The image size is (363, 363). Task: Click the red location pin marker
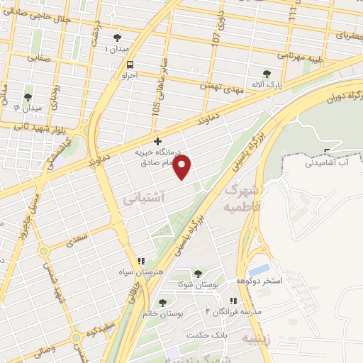pos(183,167)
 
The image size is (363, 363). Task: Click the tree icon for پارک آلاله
pos(267,73)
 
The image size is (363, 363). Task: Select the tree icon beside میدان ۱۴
pos(28,98)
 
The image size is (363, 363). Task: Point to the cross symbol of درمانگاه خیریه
pos(157,141)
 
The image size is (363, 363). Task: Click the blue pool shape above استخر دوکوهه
pos(259,271)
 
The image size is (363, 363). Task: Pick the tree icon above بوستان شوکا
pos(197,274)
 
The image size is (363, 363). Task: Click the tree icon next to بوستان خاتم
pos(162,303)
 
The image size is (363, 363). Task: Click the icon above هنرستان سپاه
pos(141,261)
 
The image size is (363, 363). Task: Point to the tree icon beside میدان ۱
pos(117,38)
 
